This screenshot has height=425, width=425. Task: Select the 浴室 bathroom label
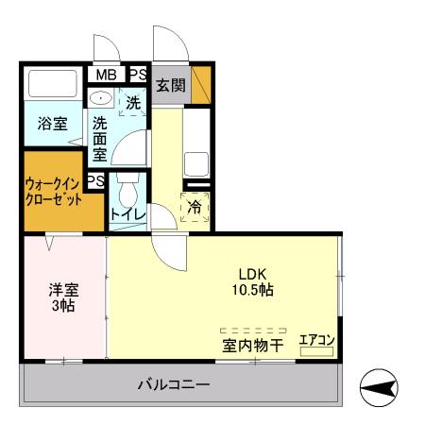53,124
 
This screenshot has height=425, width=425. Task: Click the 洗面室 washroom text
100,138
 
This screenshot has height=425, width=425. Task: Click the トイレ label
127,215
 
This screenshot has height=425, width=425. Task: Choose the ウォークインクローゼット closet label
53,193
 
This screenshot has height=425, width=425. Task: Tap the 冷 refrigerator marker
195,207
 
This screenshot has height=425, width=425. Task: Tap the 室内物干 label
253,346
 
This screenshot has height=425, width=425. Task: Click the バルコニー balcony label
173,384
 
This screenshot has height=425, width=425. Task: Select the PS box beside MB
137,74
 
